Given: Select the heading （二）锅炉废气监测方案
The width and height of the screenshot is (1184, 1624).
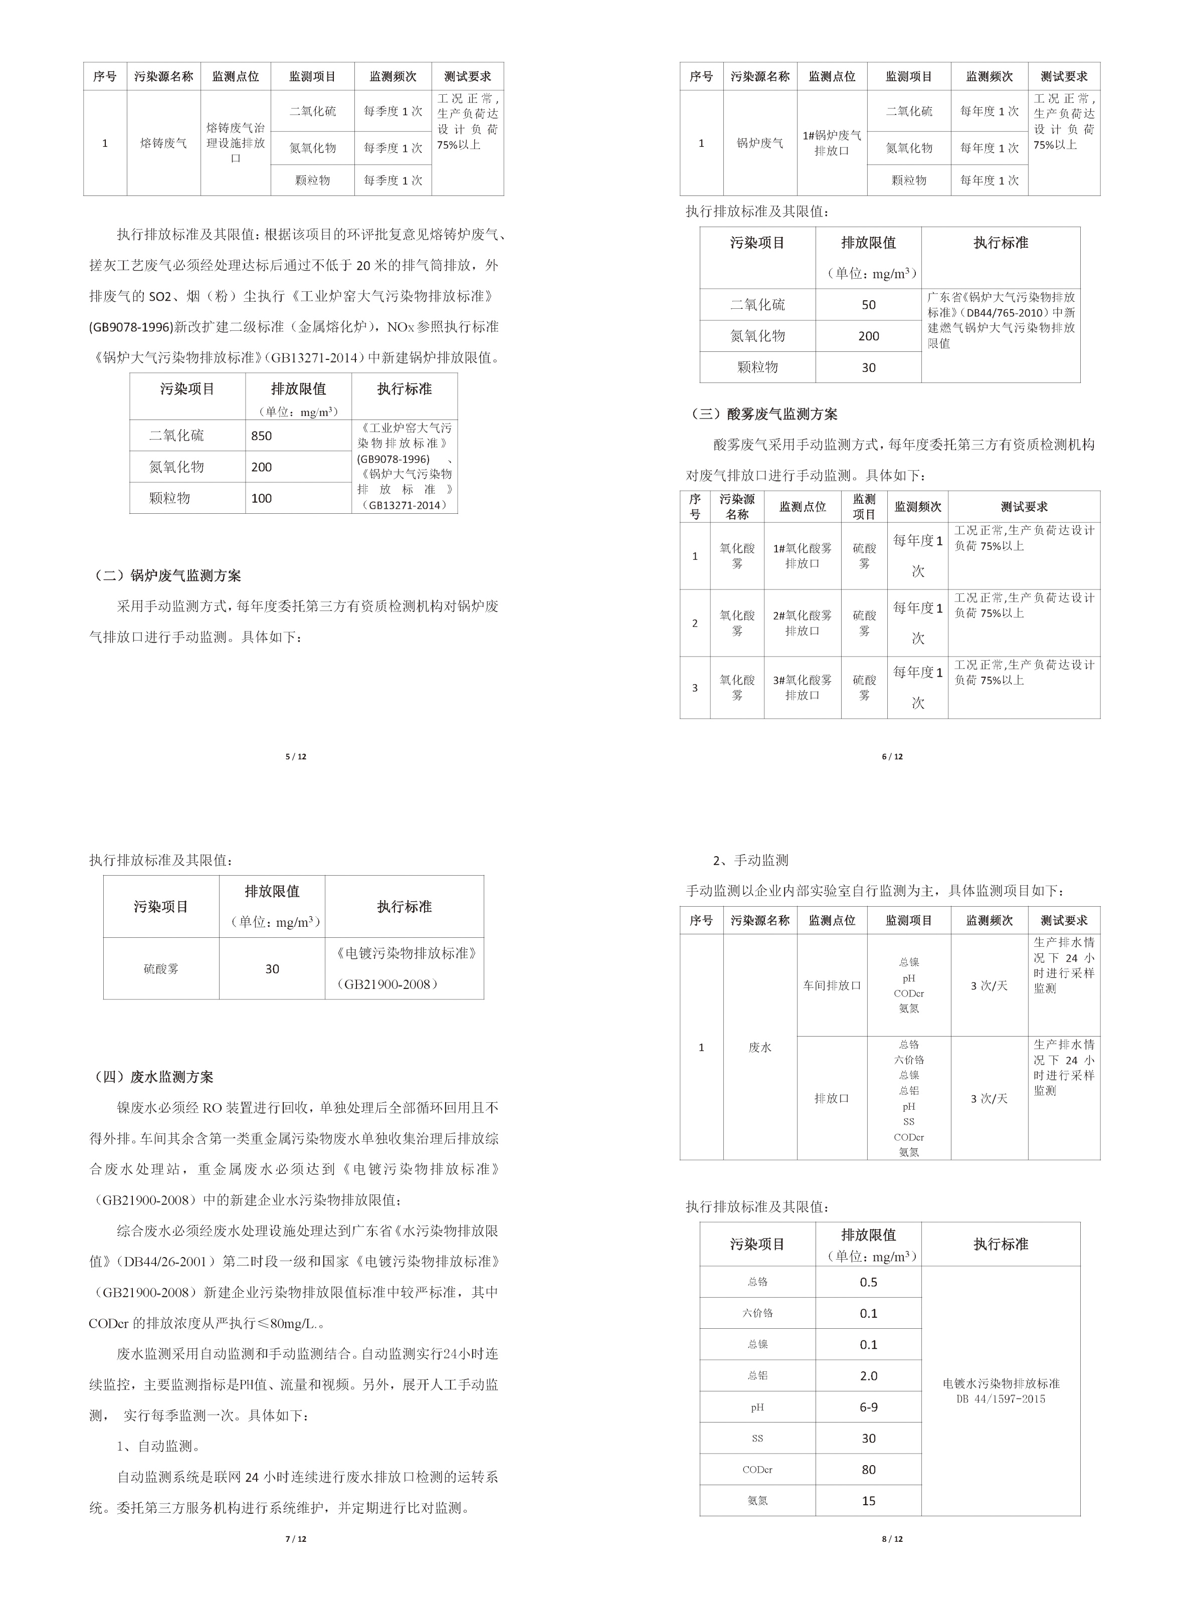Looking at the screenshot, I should click(169, 575).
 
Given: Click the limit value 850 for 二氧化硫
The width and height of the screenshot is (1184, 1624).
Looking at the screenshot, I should click(262, 436).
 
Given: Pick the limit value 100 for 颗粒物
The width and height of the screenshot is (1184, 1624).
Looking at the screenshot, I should click(262, 498).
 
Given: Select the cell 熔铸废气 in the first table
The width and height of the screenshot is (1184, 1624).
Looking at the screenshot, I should click(163, 143).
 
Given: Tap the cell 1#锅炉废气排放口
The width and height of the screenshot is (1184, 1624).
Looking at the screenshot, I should click(832, 143).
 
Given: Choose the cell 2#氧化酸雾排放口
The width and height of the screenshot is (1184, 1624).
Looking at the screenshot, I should click(802, 623).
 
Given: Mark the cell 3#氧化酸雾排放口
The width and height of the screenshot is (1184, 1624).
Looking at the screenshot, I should click(802, 687).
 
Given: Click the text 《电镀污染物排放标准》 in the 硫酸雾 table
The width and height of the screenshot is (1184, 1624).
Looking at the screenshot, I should click(405, 953).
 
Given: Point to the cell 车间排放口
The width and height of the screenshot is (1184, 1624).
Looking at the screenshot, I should click(832, 985).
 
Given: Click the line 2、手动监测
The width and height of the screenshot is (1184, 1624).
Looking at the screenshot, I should click(750, 860).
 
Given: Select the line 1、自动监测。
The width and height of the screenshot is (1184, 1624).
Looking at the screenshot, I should click(158, 1446).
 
